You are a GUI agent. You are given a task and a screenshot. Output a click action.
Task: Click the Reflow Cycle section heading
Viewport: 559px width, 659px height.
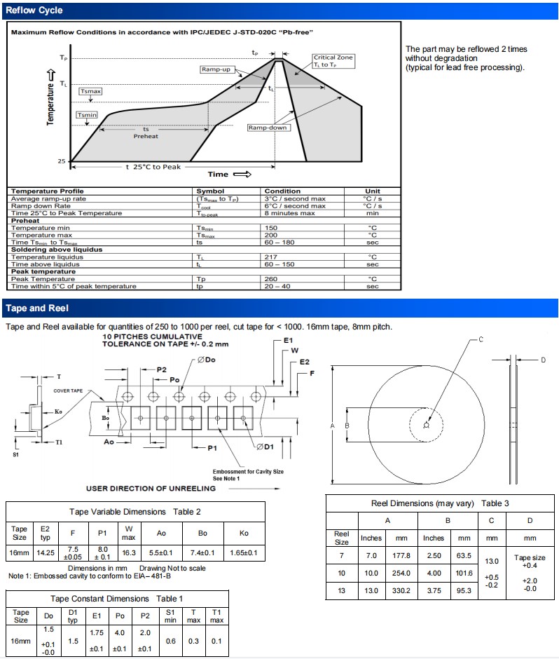[34, 11]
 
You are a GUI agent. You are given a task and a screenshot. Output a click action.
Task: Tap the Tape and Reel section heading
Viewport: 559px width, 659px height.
[36, 308]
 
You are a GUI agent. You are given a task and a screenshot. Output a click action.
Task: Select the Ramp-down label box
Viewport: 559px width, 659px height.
[268, 128]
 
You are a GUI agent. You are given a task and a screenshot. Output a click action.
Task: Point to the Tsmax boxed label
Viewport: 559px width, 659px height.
[91, 92]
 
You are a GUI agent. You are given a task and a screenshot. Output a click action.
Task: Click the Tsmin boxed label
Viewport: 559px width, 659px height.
[87, 115]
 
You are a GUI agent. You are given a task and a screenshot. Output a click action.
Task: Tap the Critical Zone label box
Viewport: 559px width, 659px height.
[334, 61]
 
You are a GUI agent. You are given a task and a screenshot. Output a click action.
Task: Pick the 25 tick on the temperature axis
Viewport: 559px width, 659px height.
[62, 161]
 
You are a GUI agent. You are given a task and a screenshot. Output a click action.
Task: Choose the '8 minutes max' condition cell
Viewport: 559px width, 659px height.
[291, 213]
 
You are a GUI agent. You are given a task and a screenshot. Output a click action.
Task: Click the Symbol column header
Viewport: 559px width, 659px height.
[209, 191]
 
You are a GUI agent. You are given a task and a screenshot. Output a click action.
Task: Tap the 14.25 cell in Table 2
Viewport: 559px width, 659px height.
[46, 553]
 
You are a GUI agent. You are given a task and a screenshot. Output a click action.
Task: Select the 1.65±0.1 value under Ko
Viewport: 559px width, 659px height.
[244, 553]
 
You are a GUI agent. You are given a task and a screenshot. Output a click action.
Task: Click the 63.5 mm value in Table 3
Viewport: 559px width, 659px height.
[464, 556]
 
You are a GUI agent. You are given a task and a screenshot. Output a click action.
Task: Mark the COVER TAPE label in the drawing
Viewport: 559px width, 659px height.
[68, 390]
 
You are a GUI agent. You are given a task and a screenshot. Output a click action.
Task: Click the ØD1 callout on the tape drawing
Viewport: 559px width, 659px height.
[264, 447]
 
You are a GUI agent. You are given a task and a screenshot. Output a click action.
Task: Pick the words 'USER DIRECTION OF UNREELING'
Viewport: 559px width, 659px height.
[150, 488]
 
